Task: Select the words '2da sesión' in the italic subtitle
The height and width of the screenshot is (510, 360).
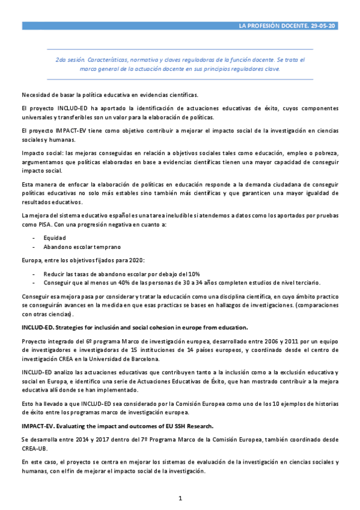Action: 69,60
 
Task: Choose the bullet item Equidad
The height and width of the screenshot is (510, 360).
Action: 54,238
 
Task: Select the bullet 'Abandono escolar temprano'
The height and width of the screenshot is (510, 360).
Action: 82,247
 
